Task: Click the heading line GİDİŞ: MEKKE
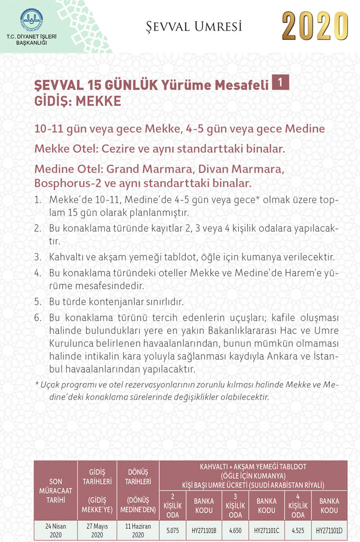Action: pyautogui.click(x=78, y=101)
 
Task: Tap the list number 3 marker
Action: pyautogui.click(x=38, y=257)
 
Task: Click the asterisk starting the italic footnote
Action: pyautogui.click(x=37, y=383)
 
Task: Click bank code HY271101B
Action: pyautogui.click(x=204, y=529)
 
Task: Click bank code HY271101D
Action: pyautogui.click(x=329, y=529)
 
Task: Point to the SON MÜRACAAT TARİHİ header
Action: pyautogui.click(x=56, y=490)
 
